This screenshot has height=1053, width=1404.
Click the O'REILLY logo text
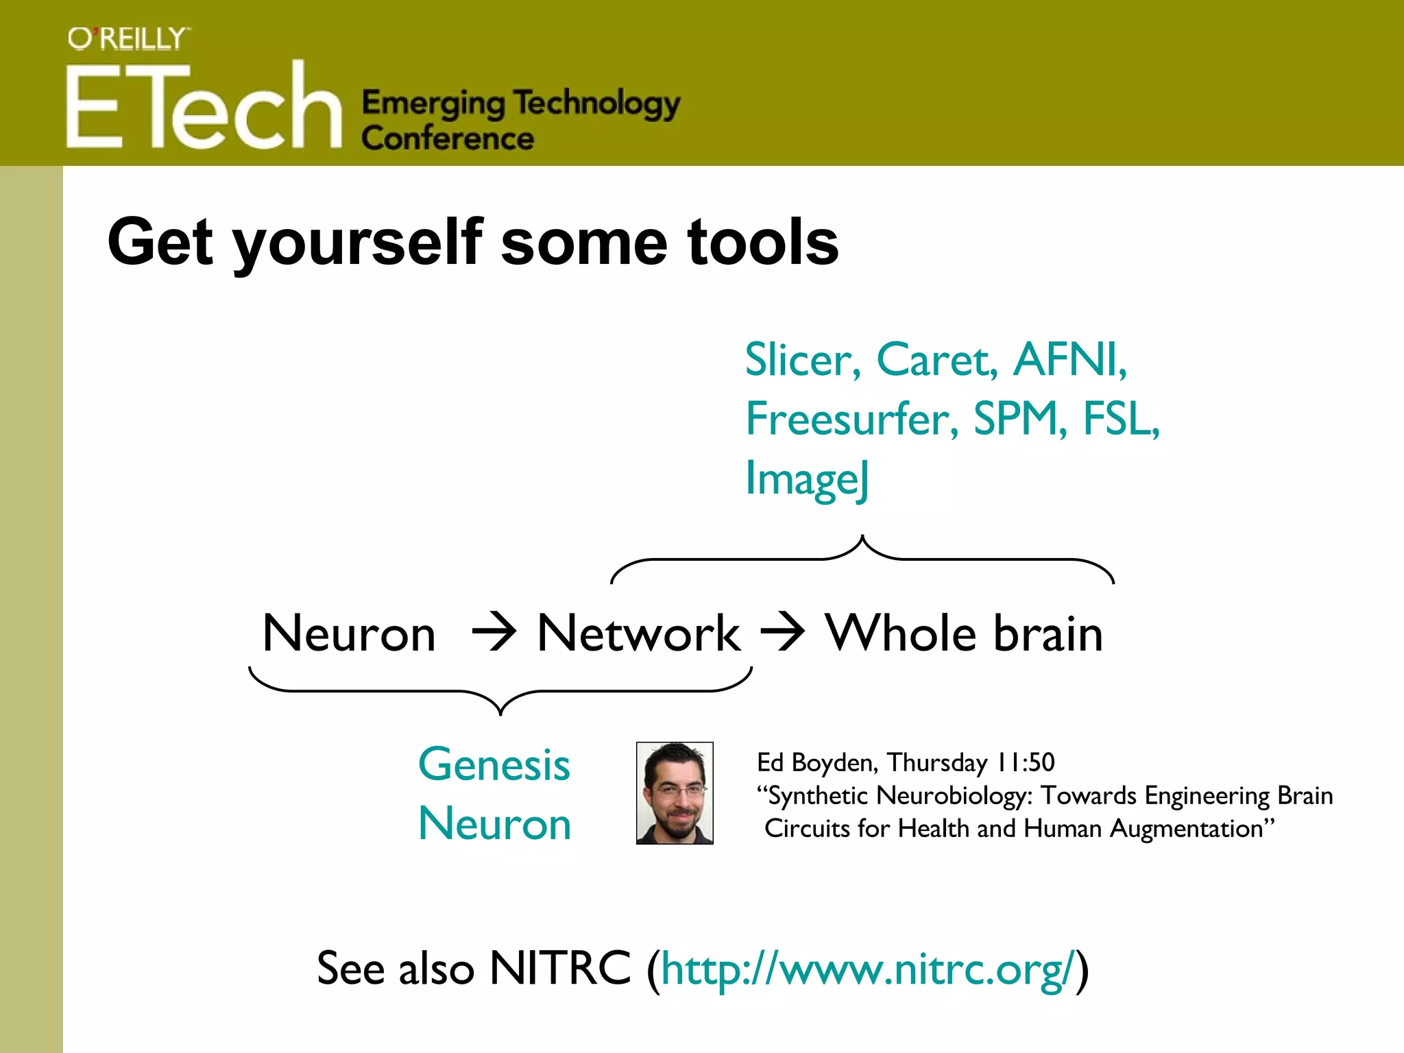128,39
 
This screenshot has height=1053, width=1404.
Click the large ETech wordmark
204,106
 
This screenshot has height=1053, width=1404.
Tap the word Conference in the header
448,138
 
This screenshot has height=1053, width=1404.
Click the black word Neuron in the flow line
349,633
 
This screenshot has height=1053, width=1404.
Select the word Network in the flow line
638,633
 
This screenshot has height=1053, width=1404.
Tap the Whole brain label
964,633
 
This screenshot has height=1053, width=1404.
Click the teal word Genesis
494,764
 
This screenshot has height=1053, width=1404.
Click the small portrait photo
675,793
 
